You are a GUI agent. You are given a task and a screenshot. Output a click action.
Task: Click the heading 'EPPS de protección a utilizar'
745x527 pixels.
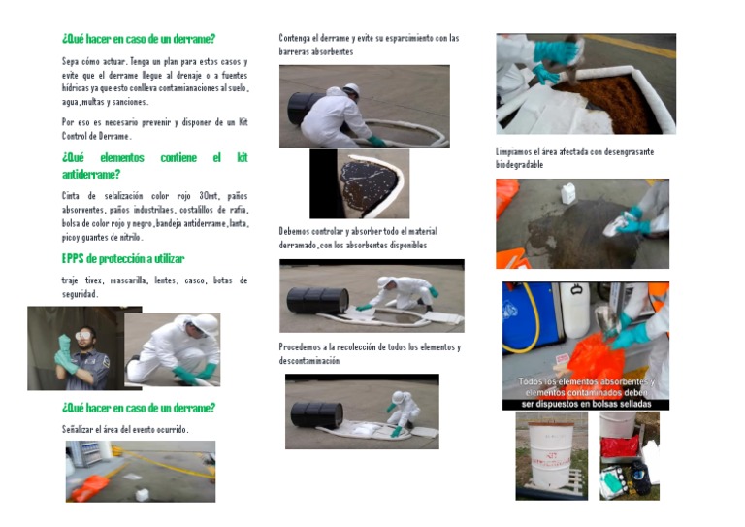tap(122, 259)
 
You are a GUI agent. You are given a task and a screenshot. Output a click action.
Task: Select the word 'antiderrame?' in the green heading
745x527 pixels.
tap(91, 175)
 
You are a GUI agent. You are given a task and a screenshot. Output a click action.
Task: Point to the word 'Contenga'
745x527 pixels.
tap(297, 39)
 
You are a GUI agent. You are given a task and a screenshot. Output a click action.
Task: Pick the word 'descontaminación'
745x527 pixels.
tap(309, 361)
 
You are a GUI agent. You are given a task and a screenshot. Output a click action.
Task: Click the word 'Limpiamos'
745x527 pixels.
tap(516, 152)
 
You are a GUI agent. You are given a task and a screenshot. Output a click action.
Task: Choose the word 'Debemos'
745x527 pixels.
tap(296, 232)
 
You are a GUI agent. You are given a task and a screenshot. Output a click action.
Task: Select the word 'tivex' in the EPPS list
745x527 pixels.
tap(94, 280)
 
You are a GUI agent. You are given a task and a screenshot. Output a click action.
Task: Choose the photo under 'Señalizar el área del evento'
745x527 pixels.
tap(141, 471)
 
